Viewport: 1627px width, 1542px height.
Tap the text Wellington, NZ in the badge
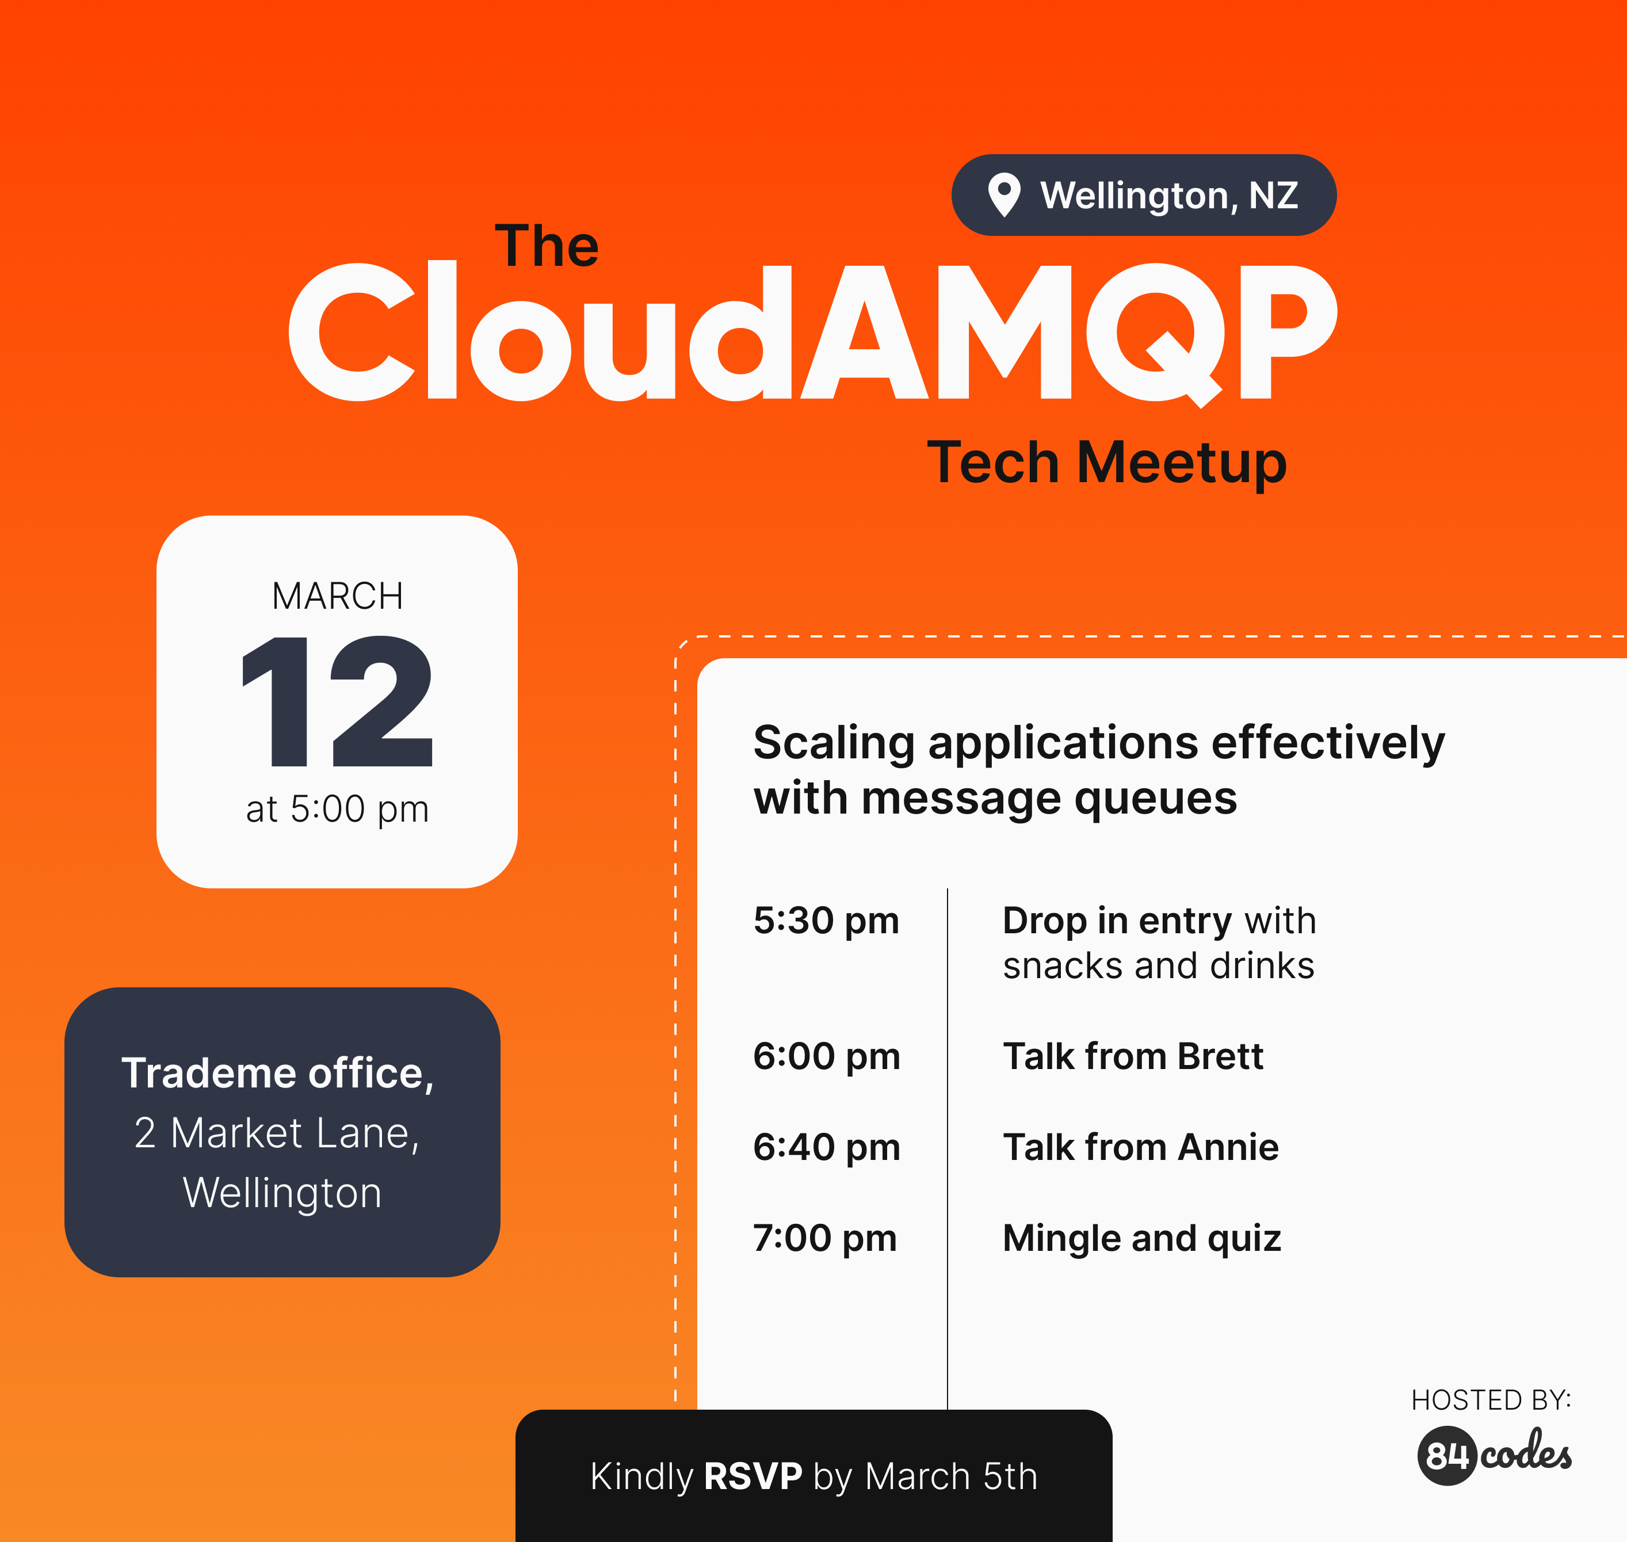[x=1169, y=196]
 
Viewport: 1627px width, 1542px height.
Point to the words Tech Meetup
[x=1107, y=463]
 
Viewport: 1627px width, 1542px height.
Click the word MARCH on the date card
[x=337, y=596]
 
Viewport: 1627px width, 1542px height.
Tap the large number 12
[x=337, y=701]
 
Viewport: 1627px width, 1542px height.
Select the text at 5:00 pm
[x=337, y=809]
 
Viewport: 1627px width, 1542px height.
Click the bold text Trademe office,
[x=278, y=1074]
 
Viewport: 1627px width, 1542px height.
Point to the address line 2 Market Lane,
[x=278, y=1133]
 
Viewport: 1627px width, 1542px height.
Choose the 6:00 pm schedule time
[x=827, y=1057]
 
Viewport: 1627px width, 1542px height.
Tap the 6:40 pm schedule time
[x=827, y=1147]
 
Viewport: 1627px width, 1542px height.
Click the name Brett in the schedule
[x=1220, y=1056]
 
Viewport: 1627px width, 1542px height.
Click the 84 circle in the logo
[x=1447, y=1456]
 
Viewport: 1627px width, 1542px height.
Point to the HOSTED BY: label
[x=1491, y=1400]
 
